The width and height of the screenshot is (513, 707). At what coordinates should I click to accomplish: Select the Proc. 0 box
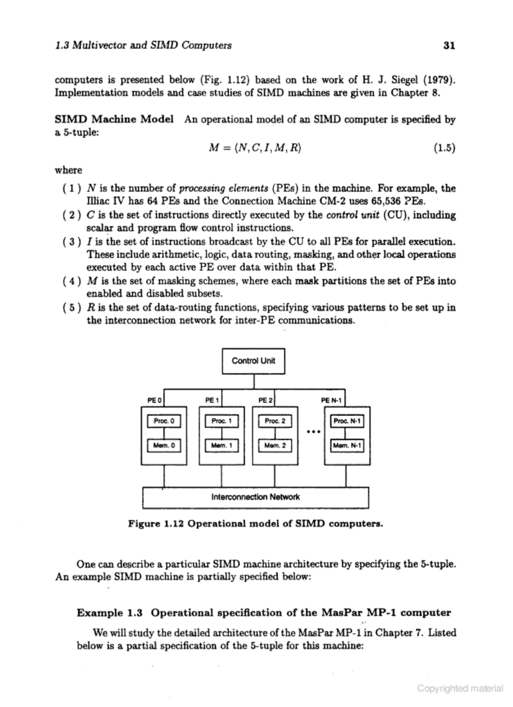[164, 421]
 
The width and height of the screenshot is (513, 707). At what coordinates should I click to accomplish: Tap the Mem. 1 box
[222, 445]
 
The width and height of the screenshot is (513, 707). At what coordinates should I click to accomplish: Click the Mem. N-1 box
[347, 445]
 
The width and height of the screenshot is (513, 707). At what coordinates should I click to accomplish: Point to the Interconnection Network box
[255, 497]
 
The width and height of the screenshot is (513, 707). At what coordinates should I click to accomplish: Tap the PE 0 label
[154, 400]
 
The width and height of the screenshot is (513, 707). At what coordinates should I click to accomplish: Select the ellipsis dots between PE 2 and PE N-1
[314, 432]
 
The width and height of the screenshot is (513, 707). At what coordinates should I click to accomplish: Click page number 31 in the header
[449, 46]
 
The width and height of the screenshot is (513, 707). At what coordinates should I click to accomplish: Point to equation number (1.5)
[444, 148]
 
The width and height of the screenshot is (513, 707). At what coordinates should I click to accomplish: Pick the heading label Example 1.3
[109, 613]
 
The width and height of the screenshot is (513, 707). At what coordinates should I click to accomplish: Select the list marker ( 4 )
[72, 281]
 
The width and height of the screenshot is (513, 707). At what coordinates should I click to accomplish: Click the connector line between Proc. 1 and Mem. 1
[222, 433]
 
